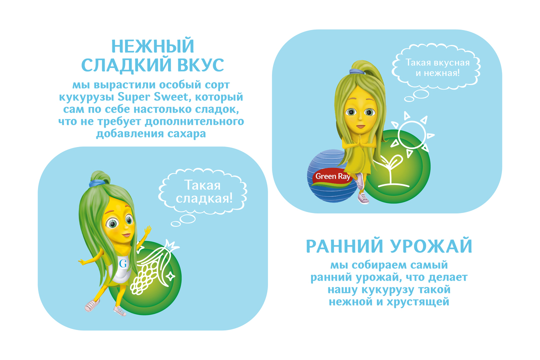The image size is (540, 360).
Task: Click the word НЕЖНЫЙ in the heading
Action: tap(152, 46)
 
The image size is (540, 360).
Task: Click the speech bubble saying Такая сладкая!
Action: tap(202, 192)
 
